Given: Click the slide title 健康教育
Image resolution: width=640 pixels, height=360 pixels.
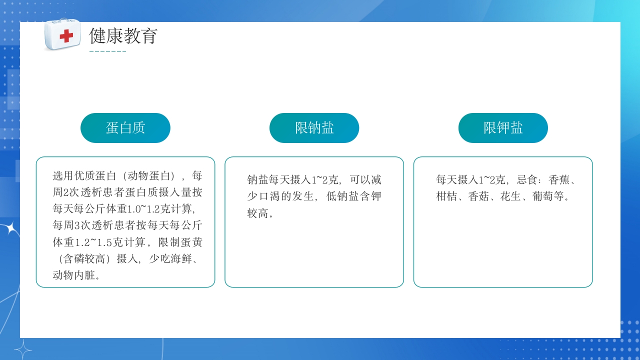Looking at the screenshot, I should [x=123, y=36].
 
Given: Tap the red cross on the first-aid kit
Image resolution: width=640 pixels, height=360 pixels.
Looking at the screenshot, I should [x=66, y=36].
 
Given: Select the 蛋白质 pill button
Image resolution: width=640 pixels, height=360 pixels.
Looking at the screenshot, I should [x=125, y=128].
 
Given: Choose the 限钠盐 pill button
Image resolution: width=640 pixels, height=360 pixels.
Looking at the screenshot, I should [x=314, y=128].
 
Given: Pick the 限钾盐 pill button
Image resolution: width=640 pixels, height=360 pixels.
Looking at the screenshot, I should [x=503, y=128].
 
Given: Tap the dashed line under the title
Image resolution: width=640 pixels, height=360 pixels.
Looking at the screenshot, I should [x=107, y=51].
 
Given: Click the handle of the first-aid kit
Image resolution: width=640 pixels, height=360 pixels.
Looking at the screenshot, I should [x=62, y=21].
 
